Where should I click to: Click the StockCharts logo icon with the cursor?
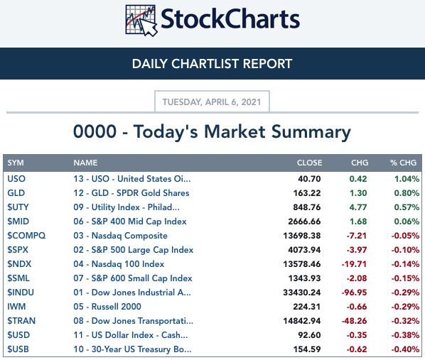click(141, 21)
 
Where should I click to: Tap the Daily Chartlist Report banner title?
click(212, 64)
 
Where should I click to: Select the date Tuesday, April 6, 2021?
click(212, 102)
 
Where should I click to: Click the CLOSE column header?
click(309, 163)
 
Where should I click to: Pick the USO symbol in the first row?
click(16, 179)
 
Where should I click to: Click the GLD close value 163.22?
click(307, 193)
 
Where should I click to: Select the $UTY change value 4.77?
click(358, 207)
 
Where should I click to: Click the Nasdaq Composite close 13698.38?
click(301, 236)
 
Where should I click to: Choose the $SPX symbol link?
click(18, 250)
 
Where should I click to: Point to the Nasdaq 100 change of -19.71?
click(354, 264)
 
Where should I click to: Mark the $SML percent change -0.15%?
click(405, 278)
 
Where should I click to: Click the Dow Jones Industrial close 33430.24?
click(301, 293)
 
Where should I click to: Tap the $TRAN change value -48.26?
click(354, 321)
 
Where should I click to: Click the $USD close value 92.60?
click(309, 335)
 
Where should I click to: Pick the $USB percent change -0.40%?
click(405, 349)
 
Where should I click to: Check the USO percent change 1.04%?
click(407, 179)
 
